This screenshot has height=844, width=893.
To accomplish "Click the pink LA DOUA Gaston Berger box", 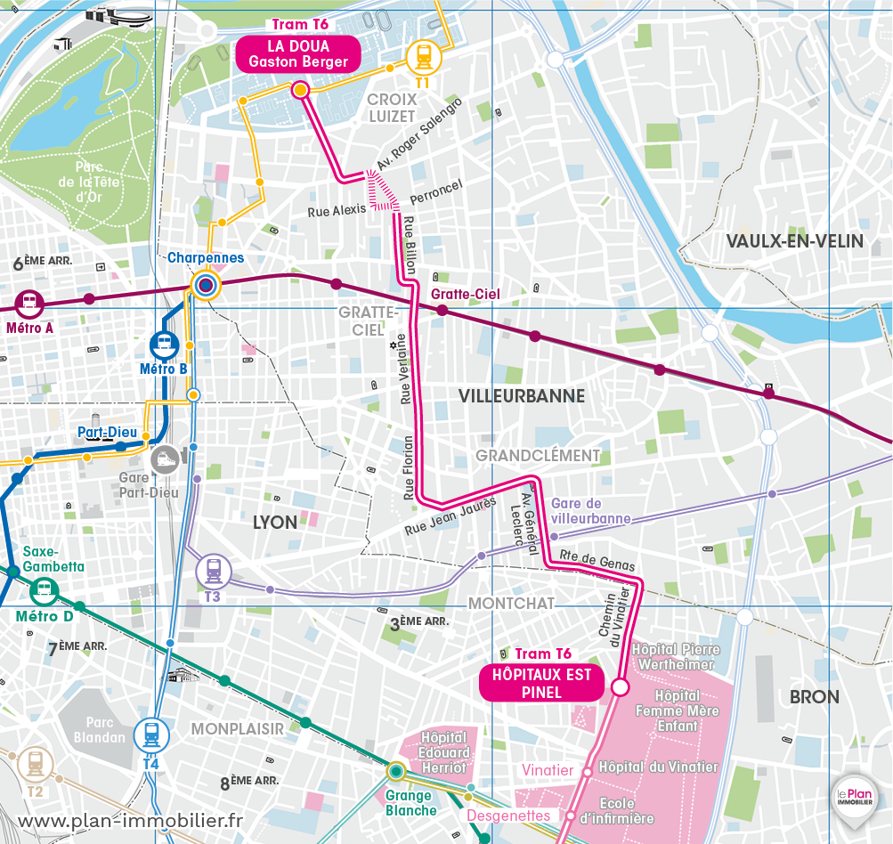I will pos(297,53).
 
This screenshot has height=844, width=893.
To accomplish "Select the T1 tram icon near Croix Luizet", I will pos(424,57).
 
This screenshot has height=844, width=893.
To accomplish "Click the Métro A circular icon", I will pos(29,302).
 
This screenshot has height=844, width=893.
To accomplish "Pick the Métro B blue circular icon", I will pos(165,343).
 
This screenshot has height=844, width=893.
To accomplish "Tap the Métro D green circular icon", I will pos(44,589).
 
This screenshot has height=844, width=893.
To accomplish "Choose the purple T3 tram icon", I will pos(214,569).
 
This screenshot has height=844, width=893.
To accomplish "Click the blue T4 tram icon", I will pos(151,735).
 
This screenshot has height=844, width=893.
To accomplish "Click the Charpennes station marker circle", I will pos(206,285).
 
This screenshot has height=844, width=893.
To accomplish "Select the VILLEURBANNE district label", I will pos(522,396).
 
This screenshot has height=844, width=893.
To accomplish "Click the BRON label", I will pos(814,696).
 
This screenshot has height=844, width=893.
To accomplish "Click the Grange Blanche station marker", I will pos(395,771).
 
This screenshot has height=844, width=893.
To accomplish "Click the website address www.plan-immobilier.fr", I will pos(129,820).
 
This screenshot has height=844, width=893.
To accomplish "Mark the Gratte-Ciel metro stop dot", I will pos(441,309).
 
